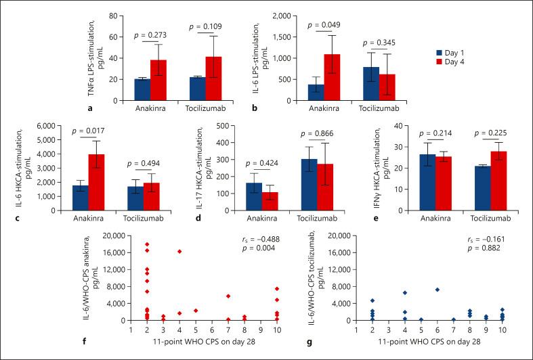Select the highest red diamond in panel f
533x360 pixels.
coord(146,244)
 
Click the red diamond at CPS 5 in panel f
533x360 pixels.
coord(195,311)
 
